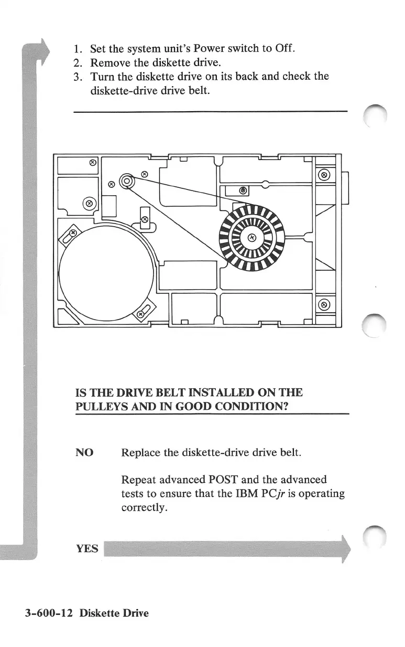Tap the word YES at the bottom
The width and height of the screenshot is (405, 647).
[87, 549]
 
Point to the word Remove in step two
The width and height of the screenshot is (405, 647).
[110, 63]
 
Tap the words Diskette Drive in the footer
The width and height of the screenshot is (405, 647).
[114, 612]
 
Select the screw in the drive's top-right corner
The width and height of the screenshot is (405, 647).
[324, 175]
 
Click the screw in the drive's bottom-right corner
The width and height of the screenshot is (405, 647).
[324, 305]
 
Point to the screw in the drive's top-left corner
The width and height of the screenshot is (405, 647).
[93, 163]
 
